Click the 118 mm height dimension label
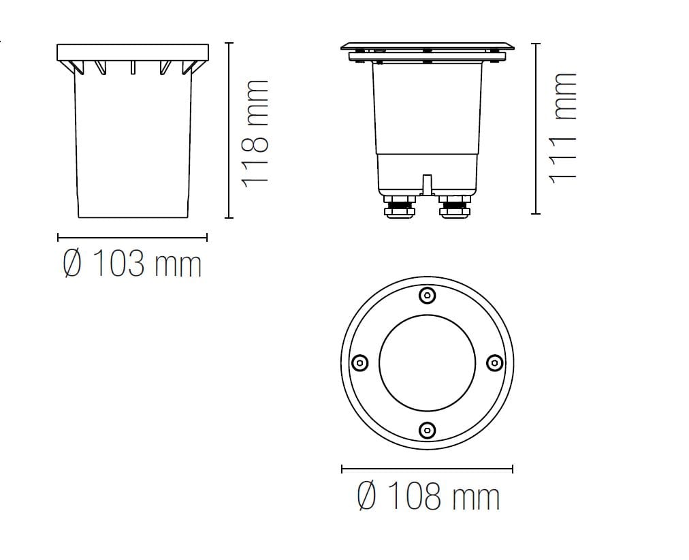[255, 131]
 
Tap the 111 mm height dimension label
[562, 127]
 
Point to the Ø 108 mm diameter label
[428, 497]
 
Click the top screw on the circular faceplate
[427, 295]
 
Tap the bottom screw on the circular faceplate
[427, 429]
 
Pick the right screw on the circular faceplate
[494, 362]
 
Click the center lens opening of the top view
[427, 362]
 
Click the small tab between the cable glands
[427, 185]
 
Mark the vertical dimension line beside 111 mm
[536, 128]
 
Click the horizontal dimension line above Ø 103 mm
[132, 238]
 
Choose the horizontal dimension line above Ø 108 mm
[427, 469]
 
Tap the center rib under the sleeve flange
[133, 67]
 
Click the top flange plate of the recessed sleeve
[132, 52]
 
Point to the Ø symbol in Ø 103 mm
[71, 264]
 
